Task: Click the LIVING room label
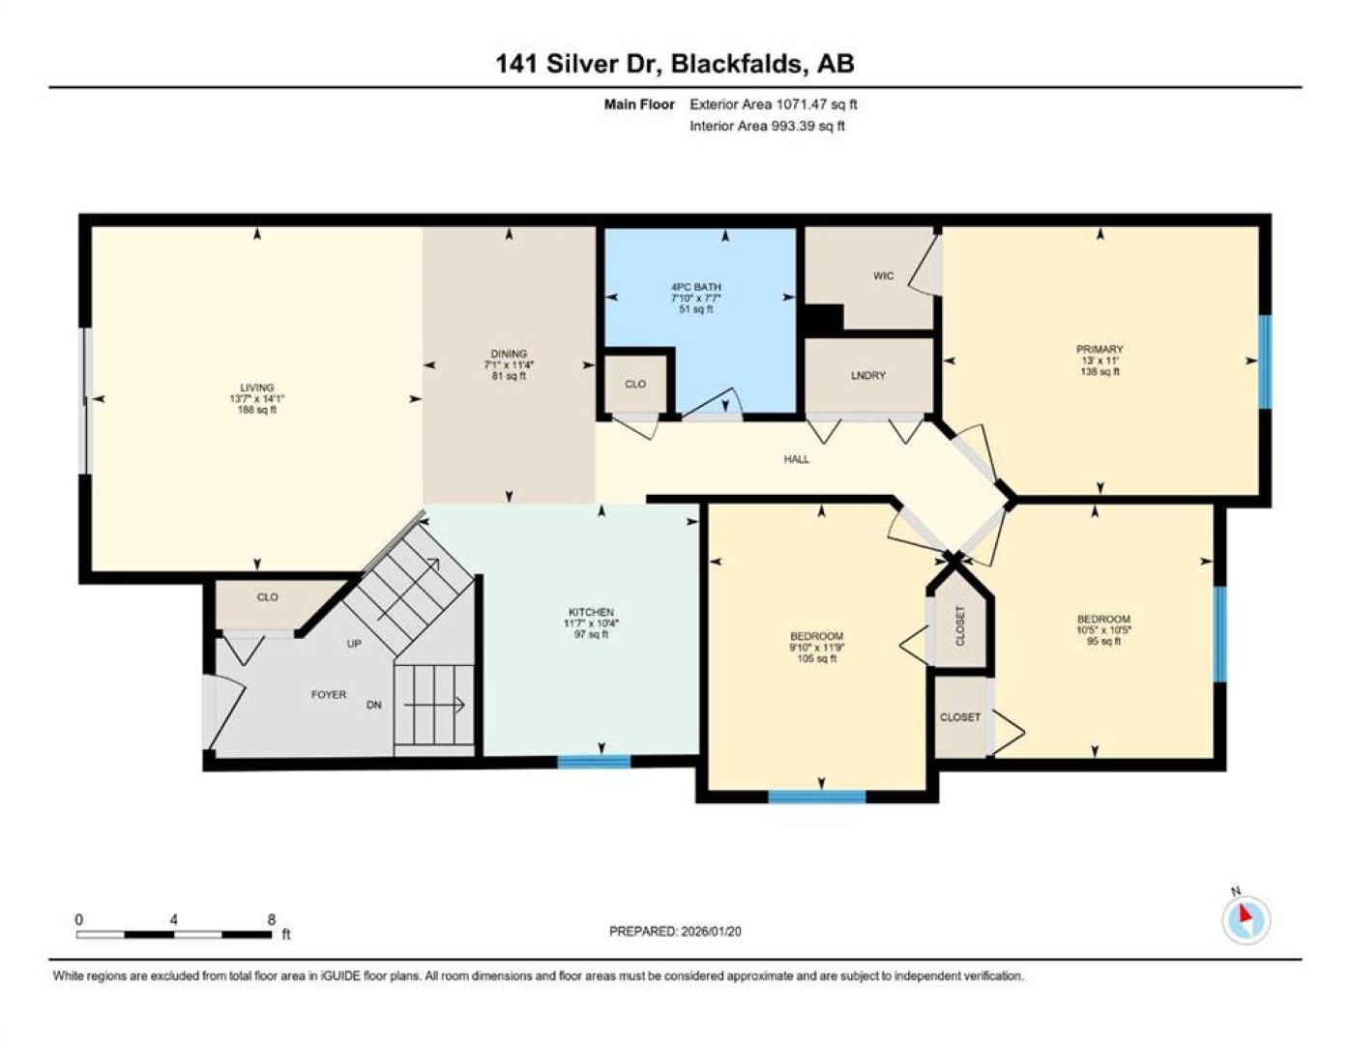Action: tap(256, 387)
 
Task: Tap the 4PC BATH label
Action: tap(696, 287)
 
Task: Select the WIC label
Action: tap(883, 275)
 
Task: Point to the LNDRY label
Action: tap(867, 375)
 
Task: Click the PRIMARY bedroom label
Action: tap(1100, 349)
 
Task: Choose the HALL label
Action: tap(797, 459)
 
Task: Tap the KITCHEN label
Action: tap(591, 612)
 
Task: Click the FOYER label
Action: tap(329, 694)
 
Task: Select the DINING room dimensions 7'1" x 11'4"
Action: tap(509, 364)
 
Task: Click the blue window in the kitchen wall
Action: tap(594, 762)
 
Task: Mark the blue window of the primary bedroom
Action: tap(1264, 362)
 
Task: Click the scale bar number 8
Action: tap(272, 920)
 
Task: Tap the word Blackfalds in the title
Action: tap(737, 64)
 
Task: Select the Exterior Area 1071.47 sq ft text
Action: tap(773, 104)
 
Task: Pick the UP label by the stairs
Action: tap(354, 644)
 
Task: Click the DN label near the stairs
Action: tap(373, 705)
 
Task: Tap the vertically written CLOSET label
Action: tap(960, 625)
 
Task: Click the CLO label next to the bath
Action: tap(635, 384)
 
